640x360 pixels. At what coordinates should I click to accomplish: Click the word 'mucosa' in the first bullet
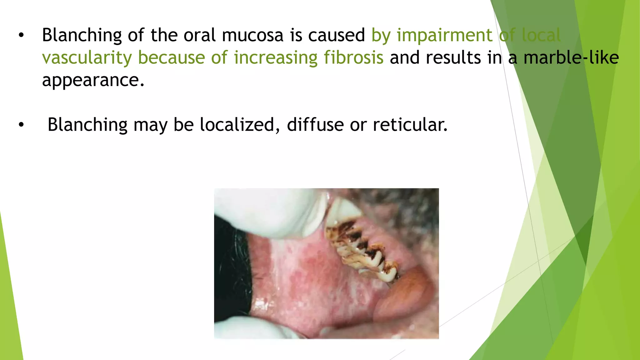[x=252, y=35]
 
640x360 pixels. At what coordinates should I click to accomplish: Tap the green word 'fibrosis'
[x=353, y=58]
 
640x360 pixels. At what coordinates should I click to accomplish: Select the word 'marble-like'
[x=571, y=58]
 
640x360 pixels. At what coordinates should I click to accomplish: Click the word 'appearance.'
[x=93, y=81]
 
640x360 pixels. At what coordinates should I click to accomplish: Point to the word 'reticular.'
[x=410, y=125]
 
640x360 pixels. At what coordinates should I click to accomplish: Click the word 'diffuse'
[x=315, y=125]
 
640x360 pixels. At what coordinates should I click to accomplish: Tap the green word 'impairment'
[x=444, y=35]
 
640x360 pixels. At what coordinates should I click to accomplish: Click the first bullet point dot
[x=21, y=35]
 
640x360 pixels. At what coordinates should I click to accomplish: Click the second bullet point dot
[x=21, y=125]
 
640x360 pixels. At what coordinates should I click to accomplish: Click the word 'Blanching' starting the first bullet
[x=82, y=36]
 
